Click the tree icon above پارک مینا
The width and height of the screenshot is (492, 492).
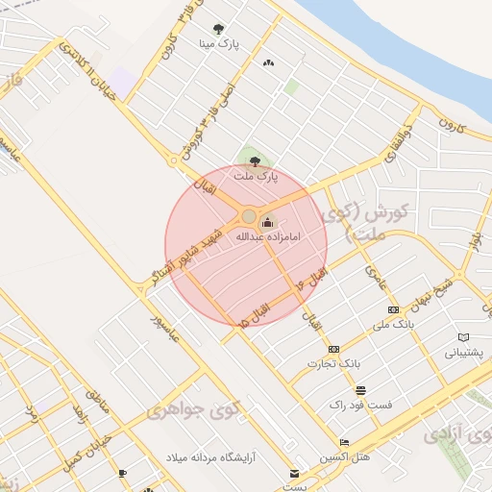point(218,30)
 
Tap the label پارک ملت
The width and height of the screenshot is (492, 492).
point(254,176)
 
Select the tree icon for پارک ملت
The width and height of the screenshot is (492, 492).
point(254,161)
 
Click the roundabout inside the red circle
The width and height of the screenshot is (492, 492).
point(249,216)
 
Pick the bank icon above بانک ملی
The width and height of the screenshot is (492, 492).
point(393,309)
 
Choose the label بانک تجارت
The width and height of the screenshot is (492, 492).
point(332,363)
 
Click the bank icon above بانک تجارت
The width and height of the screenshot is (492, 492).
point(333,349)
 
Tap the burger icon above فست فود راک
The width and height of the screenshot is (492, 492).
point(360,390)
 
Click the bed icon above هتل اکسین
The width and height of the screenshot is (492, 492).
point(344,442)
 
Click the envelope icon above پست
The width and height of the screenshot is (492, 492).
point(295,473)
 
